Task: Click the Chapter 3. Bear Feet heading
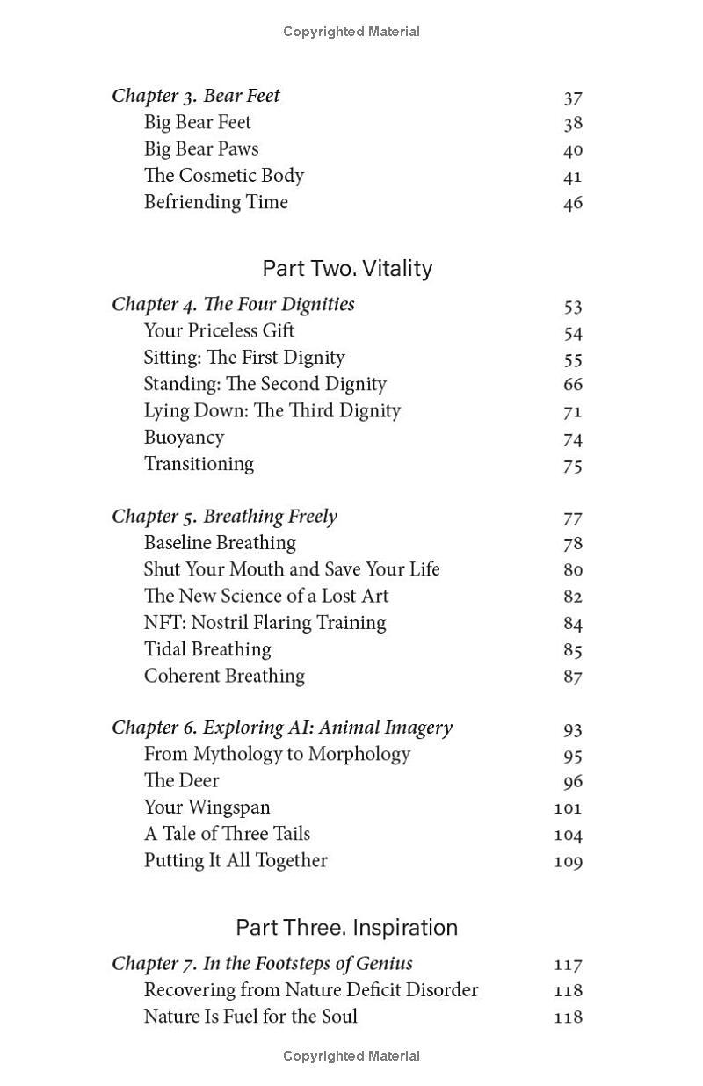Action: tap(196, 96)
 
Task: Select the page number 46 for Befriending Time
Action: tap(573, 203)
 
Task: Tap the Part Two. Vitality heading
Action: tap(347, 268)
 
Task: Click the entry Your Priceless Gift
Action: tap(219, 331)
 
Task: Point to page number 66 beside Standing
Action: tap(573, 384)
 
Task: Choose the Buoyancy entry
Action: tap(184, 438)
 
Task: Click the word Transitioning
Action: tap(199, 464)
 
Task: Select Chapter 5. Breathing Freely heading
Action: tap(224, 517)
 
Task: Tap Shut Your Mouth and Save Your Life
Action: tap(292, 569)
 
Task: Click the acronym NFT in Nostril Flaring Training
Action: tap(163, 623)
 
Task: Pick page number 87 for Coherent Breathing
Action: tap(573, 677)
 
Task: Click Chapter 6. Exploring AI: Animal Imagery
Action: tap(281, 728)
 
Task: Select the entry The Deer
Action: tap(181, 781)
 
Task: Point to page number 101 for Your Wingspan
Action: tap(569, 807)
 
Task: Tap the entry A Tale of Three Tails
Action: tap(227, 834)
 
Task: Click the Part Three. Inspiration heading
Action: tap(346, 928)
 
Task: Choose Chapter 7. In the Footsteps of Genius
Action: tap(262, 964)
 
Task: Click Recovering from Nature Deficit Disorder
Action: tap(311, 990)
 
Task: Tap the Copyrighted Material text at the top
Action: tap(351, 32)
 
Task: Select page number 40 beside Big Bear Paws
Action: tap(573, 150)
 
